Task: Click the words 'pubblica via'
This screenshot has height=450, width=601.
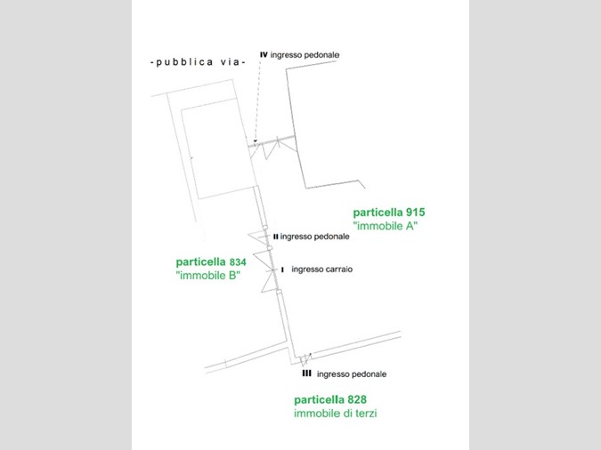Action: [198, 62]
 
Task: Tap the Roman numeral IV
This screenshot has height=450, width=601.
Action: [264, 55]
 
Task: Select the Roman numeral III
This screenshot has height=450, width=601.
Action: [306, 373]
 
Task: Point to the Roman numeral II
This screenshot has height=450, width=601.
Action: [276, 237]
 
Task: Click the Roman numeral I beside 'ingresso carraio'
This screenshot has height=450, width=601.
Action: [282, 269]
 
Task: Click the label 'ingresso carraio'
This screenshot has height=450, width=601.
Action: [322, 269]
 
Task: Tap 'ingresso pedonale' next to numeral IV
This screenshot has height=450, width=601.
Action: [305, 55]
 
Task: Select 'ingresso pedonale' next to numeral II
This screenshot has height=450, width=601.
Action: [314, 237]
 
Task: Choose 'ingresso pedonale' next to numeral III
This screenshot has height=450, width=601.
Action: [352, 374]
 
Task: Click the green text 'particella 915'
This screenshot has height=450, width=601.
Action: [389, 213]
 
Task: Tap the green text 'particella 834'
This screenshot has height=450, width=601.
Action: [211, 262]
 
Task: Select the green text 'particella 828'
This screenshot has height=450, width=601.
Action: [330, 400]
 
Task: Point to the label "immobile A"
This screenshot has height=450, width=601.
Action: [386, 226]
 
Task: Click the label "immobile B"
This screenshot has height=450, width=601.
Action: [208, 276]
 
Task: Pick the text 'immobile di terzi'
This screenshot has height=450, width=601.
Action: [336, 414]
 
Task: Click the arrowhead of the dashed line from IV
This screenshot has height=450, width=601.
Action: [256, 141]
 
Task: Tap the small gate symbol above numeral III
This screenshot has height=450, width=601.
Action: [305, 359]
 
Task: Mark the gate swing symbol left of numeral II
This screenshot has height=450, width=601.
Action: [258, 238]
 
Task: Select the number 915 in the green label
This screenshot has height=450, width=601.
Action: [416, 213]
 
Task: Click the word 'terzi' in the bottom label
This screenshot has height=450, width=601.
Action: [365, 414]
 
